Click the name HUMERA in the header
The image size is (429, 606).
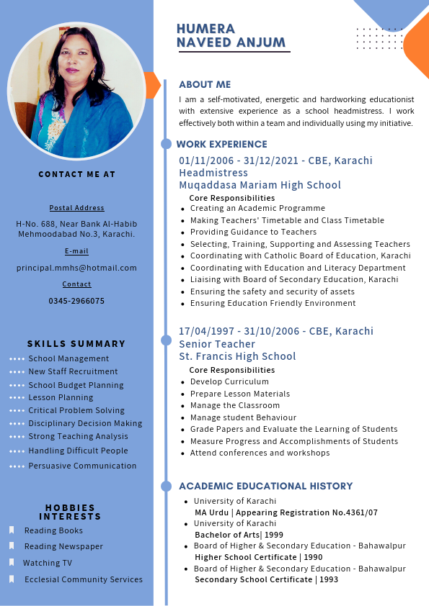(x=205, y=29)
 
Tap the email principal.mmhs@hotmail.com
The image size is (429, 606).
(x=76, y=268)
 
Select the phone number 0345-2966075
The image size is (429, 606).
(x=76, y=301)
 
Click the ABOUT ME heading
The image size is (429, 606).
(x=205, y=84)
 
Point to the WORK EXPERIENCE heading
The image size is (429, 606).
(x=221, y=144)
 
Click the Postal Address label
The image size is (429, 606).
(x=76, y=208)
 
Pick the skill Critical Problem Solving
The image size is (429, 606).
(x=76, y=410)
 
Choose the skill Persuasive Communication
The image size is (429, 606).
(x=82, y=466)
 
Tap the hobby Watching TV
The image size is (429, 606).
(x=48, y=563)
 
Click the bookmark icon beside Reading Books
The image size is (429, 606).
(x=12, y=530)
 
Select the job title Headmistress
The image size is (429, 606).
(x=213, y=173)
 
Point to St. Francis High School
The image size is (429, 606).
(x=237, y=356)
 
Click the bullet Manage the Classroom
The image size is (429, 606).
(x=234, y=405)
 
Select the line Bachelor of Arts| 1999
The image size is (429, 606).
(x=239, y=535)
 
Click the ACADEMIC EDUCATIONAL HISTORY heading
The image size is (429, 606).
(x=265, y=486)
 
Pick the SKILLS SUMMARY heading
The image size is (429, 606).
(x=76, y=344)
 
